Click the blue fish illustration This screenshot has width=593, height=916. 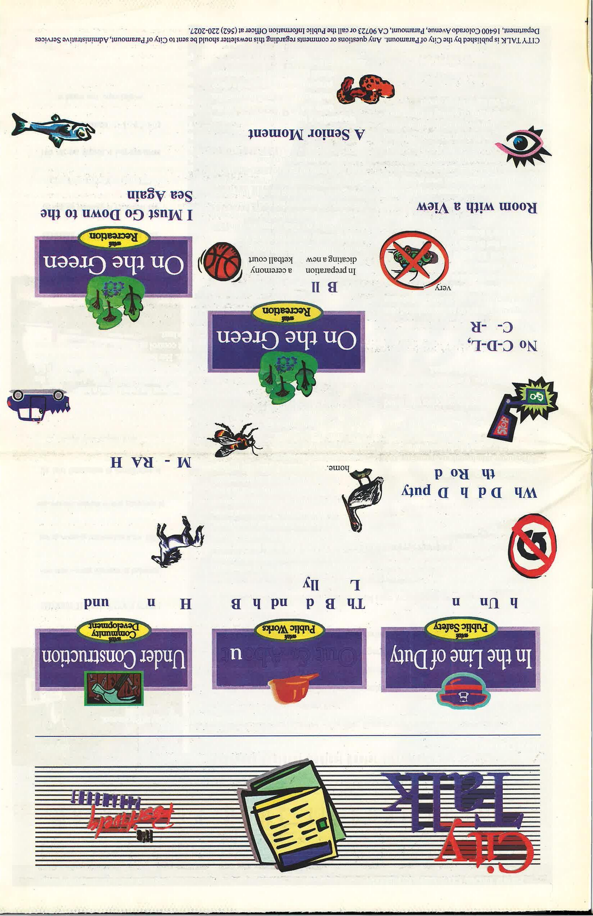[x=52, y=130]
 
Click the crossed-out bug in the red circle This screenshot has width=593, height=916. [x=414, y=258]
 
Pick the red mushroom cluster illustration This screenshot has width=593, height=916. [x=365, y=90]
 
